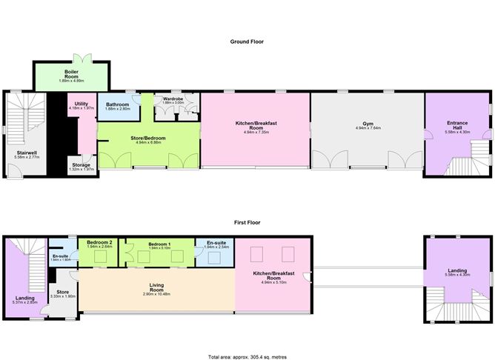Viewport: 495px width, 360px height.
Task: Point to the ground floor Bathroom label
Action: pyautogui.click(x=117, y=105)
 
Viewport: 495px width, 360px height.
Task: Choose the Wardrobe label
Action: pyautogui.click(x=173, y=98)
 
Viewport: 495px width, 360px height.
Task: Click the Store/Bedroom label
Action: pyautogui.click(x=150, y=139)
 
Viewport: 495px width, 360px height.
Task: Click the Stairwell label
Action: pyautogui.click(x=27, y=153)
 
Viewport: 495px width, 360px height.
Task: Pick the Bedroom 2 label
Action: pyautogui.click(x=99, y=243)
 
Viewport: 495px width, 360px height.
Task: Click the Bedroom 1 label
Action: pyautogui.click(x=159, y=243)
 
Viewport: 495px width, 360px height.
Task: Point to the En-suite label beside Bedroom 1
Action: pyautogui.click(x=216, y=243)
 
